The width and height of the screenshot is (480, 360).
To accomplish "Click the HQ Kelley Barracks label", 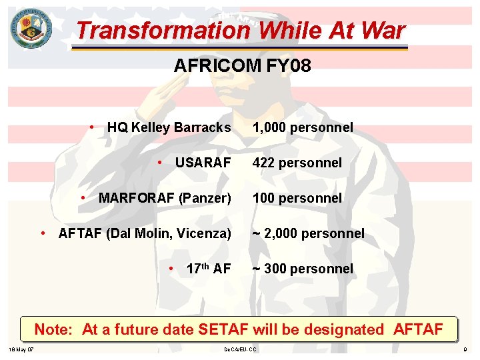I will [169, 127].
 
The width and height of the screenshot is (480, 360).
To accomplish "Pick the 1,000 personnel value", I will [303, 127].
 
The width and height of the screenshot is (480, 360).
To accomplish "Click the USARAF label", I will [203, 163].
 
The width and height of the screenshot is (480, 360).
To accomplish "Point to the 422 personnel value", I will [297, 163].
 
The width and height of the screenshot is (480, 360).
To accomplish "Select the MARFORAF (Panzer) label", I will [164, 198].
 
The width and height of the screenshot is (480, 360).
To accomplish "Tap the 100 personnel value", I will [297, 198].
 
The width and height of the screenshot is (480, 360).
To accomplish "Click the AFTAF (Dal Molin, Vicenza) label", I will [145, 233].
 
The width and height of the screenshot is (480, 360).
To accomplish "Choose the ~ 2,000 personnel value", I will [308, 233].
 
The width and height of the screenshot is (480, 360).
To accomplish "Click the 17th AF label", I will [209, 269].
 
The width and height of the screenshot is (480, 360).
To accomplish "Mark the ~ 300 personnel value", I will [303, 269].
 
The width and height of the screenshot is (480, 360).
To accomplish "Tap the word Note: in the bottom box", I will [56, 329].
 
